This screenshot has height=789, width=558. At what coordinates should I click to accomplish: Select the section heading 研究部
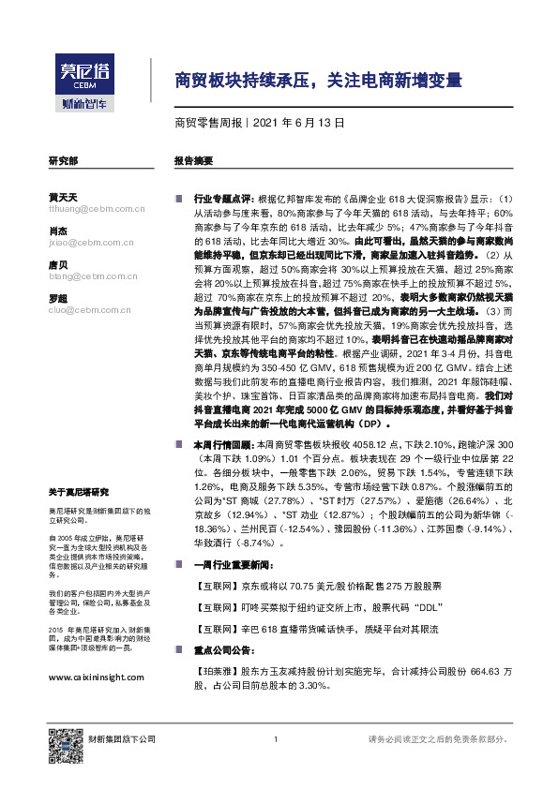click(x=63, y=160)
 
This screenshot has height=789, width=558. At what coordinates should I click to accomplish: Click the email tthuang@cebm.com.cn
click(x=86, y=210)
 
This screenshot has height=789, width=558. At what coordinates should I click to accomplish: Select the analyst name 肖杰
click(x=57, y=231)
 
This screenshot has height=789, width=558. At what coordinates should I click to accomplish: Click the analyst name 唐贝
click(x=57, y=265)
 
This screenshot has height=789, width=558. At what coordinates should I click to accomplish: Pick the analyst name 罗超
click(x=57, y=297)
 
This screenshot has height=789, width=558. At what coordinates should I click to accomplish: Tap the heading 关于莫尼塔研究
click(x=79, y=493)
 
